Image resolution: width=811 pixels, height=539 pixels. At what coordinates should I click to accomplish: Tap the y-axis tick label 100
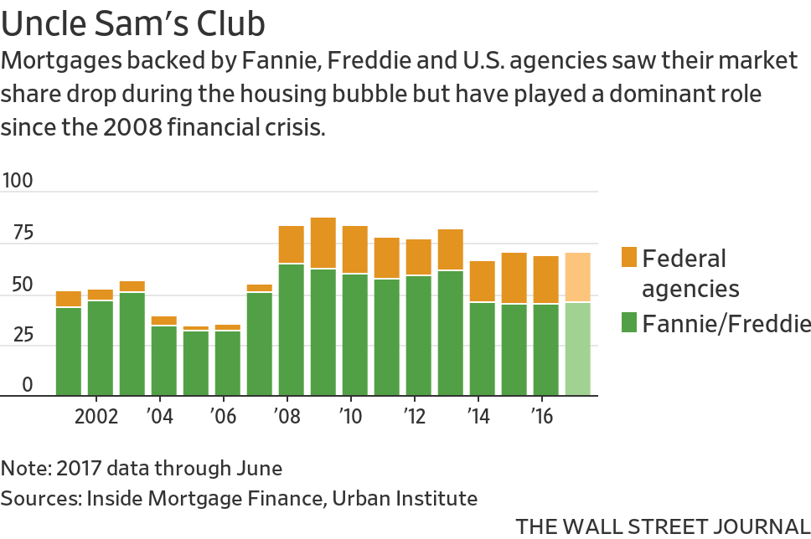[18, 180]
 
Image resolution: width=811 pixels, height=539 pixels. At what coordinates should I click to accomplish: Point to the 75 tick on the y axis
[18, 233]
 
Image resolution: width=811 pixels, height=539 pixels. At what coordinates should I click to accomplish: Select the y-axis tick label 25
[18, 335]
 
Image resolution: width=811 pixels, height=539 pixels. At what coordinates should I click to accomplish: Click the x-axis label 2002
[96, 416]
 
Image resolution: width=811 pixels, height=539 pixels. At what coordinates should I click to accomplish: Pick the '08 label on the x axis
[286, 416]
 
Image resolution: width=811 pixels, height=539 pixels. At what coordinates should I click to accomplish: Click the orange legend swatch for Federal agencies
[629, 258]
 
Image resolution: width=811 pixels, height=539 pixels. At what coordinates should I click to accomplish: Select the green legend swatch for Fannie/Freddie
[629, 322]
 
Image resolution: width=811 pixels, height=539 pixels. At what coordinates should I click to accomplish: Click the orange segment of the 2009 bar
[323, 243]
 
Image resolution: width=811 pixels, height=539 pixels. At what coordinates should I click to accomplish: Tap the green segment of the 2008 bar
[292, 329]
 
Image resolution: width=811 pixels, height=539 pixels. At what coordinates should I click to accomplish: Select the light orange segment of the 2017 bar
[578, 277]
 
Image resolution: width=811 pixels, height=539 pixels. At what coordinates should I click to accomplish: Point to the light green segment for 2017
[578, 348]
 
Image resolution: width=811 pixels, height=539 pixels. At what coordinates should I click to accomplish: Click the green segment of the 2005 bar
[196, 362]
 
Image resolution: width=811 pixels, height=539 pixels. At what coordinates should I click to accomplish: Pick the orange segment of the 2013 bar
[451, 249]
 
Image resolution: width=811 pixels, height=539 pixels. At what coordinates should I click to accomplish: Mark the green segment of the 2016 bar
[546, 349]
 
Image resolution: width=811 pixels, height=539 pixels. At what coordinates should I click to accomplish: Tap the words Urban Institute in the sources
[405, 499]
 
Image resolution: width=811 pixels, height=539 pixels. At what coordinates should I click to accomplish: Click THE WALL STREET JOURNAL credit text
[662, 526]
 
